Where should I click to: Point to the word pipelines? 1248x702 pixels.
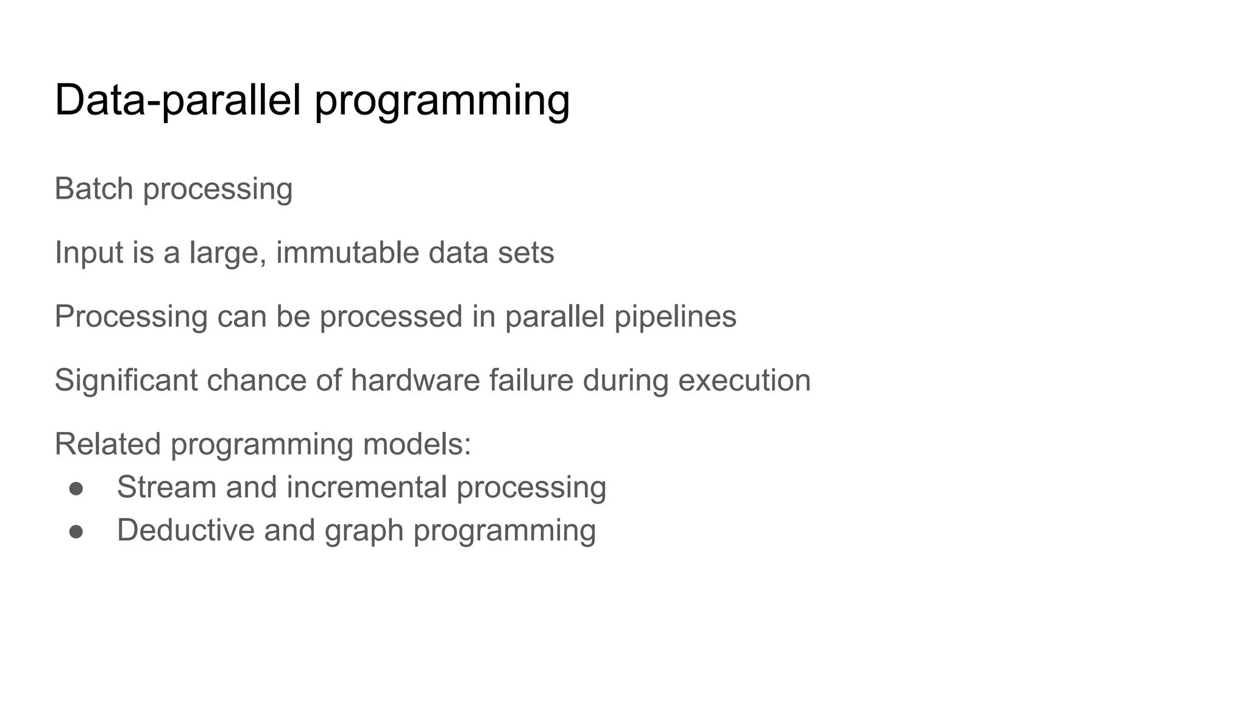[675, 317]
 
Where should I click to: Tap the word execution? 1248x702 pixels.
[744, 380]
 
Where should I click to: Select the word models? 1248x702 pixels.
[417, 444]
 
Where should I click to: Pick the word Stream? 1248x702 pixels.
[167, 487]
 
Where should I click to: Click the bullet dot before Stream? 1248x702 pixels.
[76, 488]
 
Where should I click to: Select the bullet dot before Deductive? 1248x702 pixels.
[76, 531]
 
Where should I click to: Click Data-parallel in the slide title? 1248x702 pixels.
[178, 101]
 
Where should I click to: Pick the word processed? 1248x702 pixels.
[391, 317]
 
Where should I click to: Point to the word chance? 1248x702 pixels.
[256, 380]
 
